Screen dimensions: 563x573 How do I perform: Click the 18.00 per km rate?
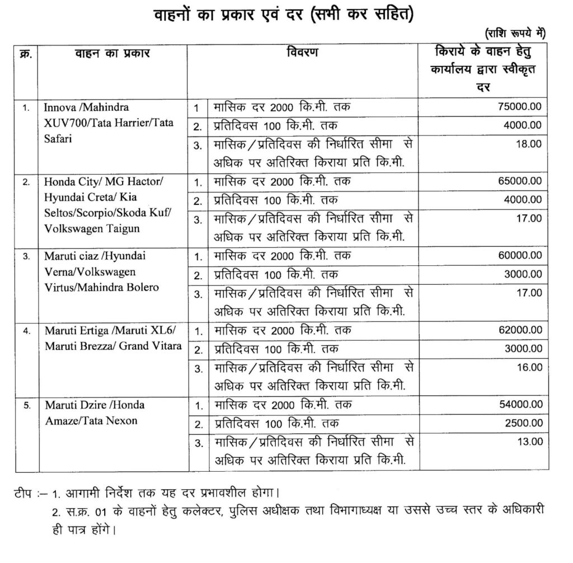pos(529,144)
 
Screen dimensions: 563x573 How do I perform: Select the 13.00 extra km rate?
pos(529,442)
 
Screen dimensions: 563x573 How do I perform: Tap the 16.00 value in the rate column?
pos(529,367)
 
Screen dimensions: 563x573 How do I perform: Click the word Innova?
pos(57,106)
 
